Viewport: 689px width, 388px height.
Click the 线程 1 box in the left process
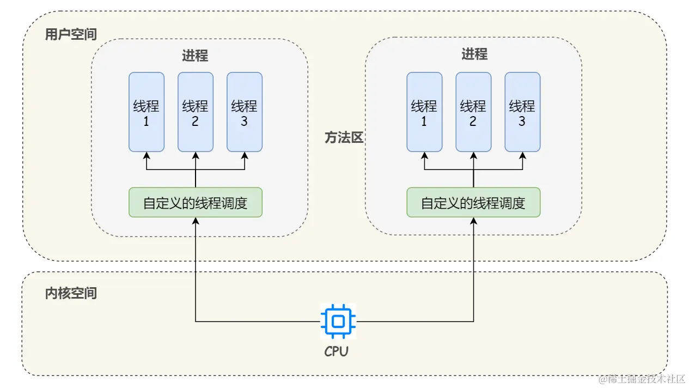coord(146,112)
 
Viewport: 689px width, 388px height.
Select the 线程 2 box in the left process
coord(195,112)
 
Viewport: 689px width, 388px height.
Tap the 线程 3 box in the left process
coord(244,112)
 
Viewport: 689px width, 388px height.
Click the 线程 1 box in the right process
coord(424,112)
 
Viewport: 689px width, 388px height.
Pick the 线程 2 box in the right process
coord(473,112)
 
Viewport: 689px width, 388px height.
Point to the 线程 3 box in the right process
coord(522,112)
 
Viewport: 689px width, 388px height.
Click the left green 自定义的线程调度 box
coord(195,203)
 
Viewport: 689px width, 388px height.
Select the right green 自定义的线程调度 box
coord(473,203)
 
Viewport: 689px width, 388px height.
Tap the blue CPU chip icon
coord(338,322)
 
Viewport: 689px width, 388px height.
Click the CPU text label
coord(336,351)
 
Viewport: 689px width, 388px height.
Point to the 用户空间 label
coord(71,35)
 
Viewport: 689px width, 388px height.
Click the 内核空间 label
coord(71,293)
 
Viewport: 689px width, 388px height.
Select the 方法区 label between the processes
coord(344,138)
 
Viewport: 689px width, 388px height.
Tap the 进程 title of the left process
coord(195,56)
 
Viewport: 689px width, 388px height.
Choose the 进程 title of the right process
coord(474,54)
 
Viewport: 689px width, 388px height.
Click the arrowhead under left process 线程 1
coord(146,155)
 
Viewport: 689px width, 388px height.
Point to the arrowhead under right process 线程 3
coord(522,155)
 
